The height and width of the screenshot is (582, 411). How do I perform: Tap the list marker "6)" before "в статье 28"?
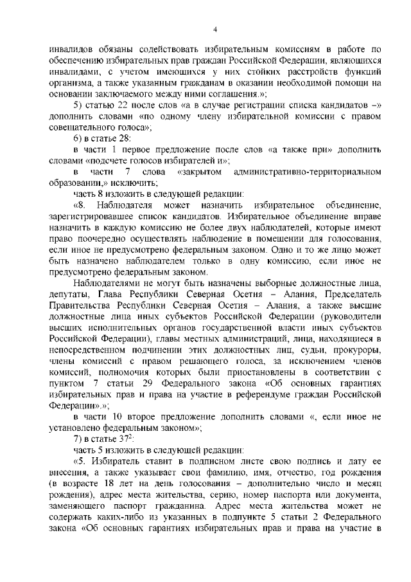78,140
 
